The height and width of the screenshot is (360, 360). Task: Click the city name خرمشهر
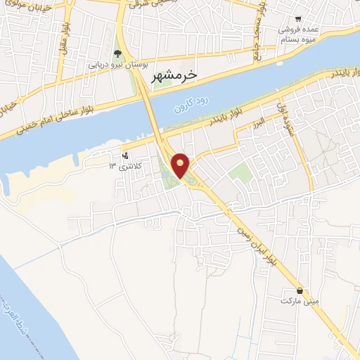click(174, 73)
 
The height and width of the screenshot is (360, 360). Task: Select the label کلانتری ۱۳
click(124, 165)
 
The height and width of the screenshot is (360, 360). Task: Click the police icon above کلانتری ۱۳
click(125, 155)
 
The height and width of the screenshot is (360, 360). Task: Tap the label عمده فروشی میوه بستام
click(297, 34)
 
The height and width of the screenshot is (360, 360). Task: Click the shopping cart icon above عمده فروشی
click(299, 20)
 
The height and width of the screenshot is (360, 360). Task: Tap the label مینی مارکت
click(295, 300)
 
